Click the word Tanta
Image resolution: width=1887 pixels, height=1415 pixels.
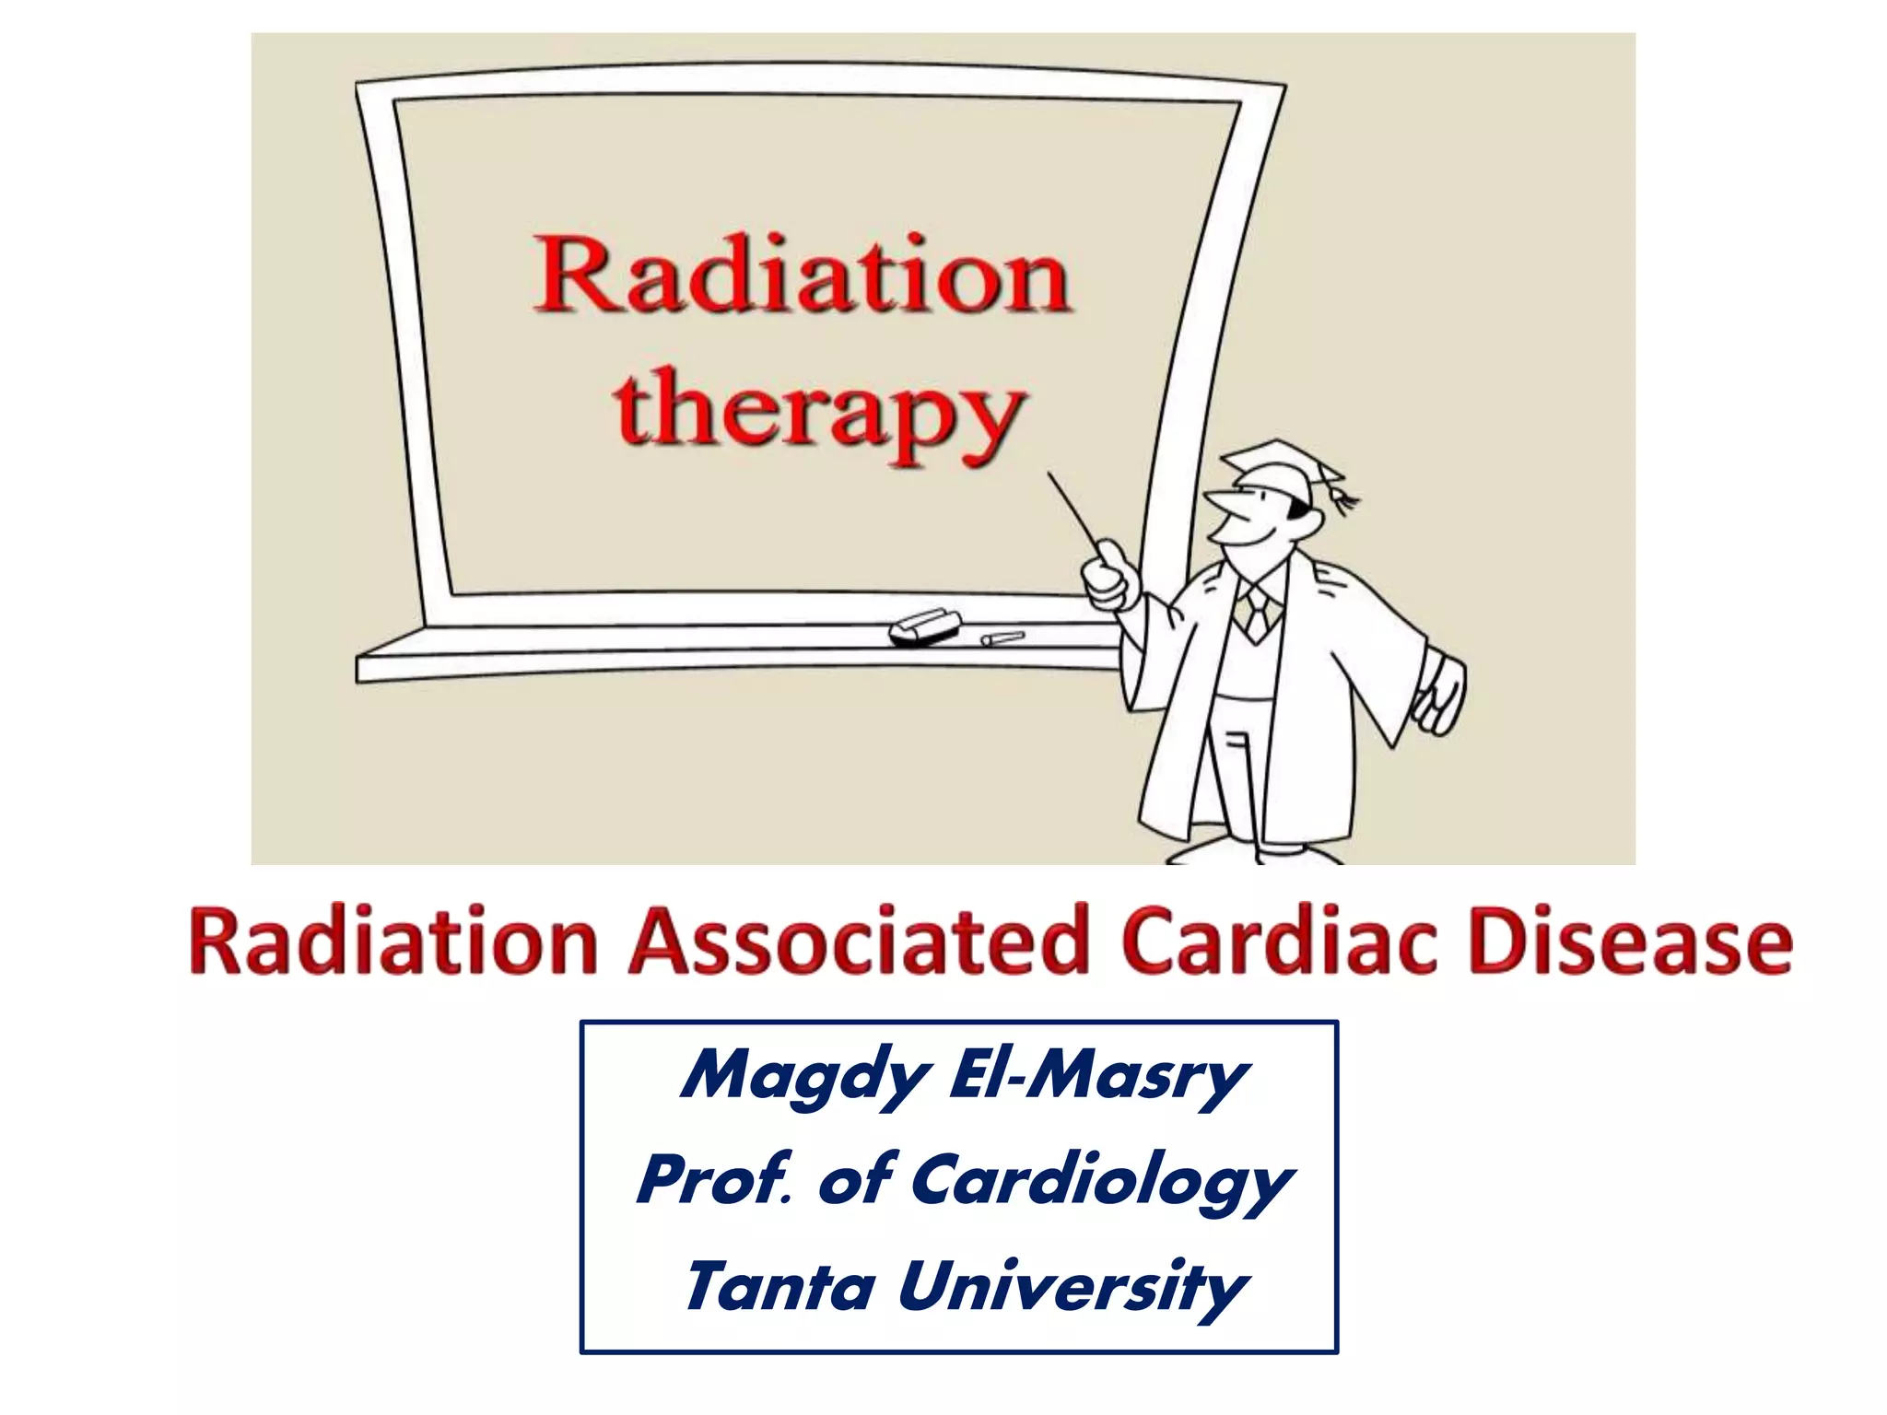point(779,1287)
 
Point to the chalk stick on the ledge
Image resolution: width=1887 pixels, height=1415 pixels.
point(1002,637)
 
